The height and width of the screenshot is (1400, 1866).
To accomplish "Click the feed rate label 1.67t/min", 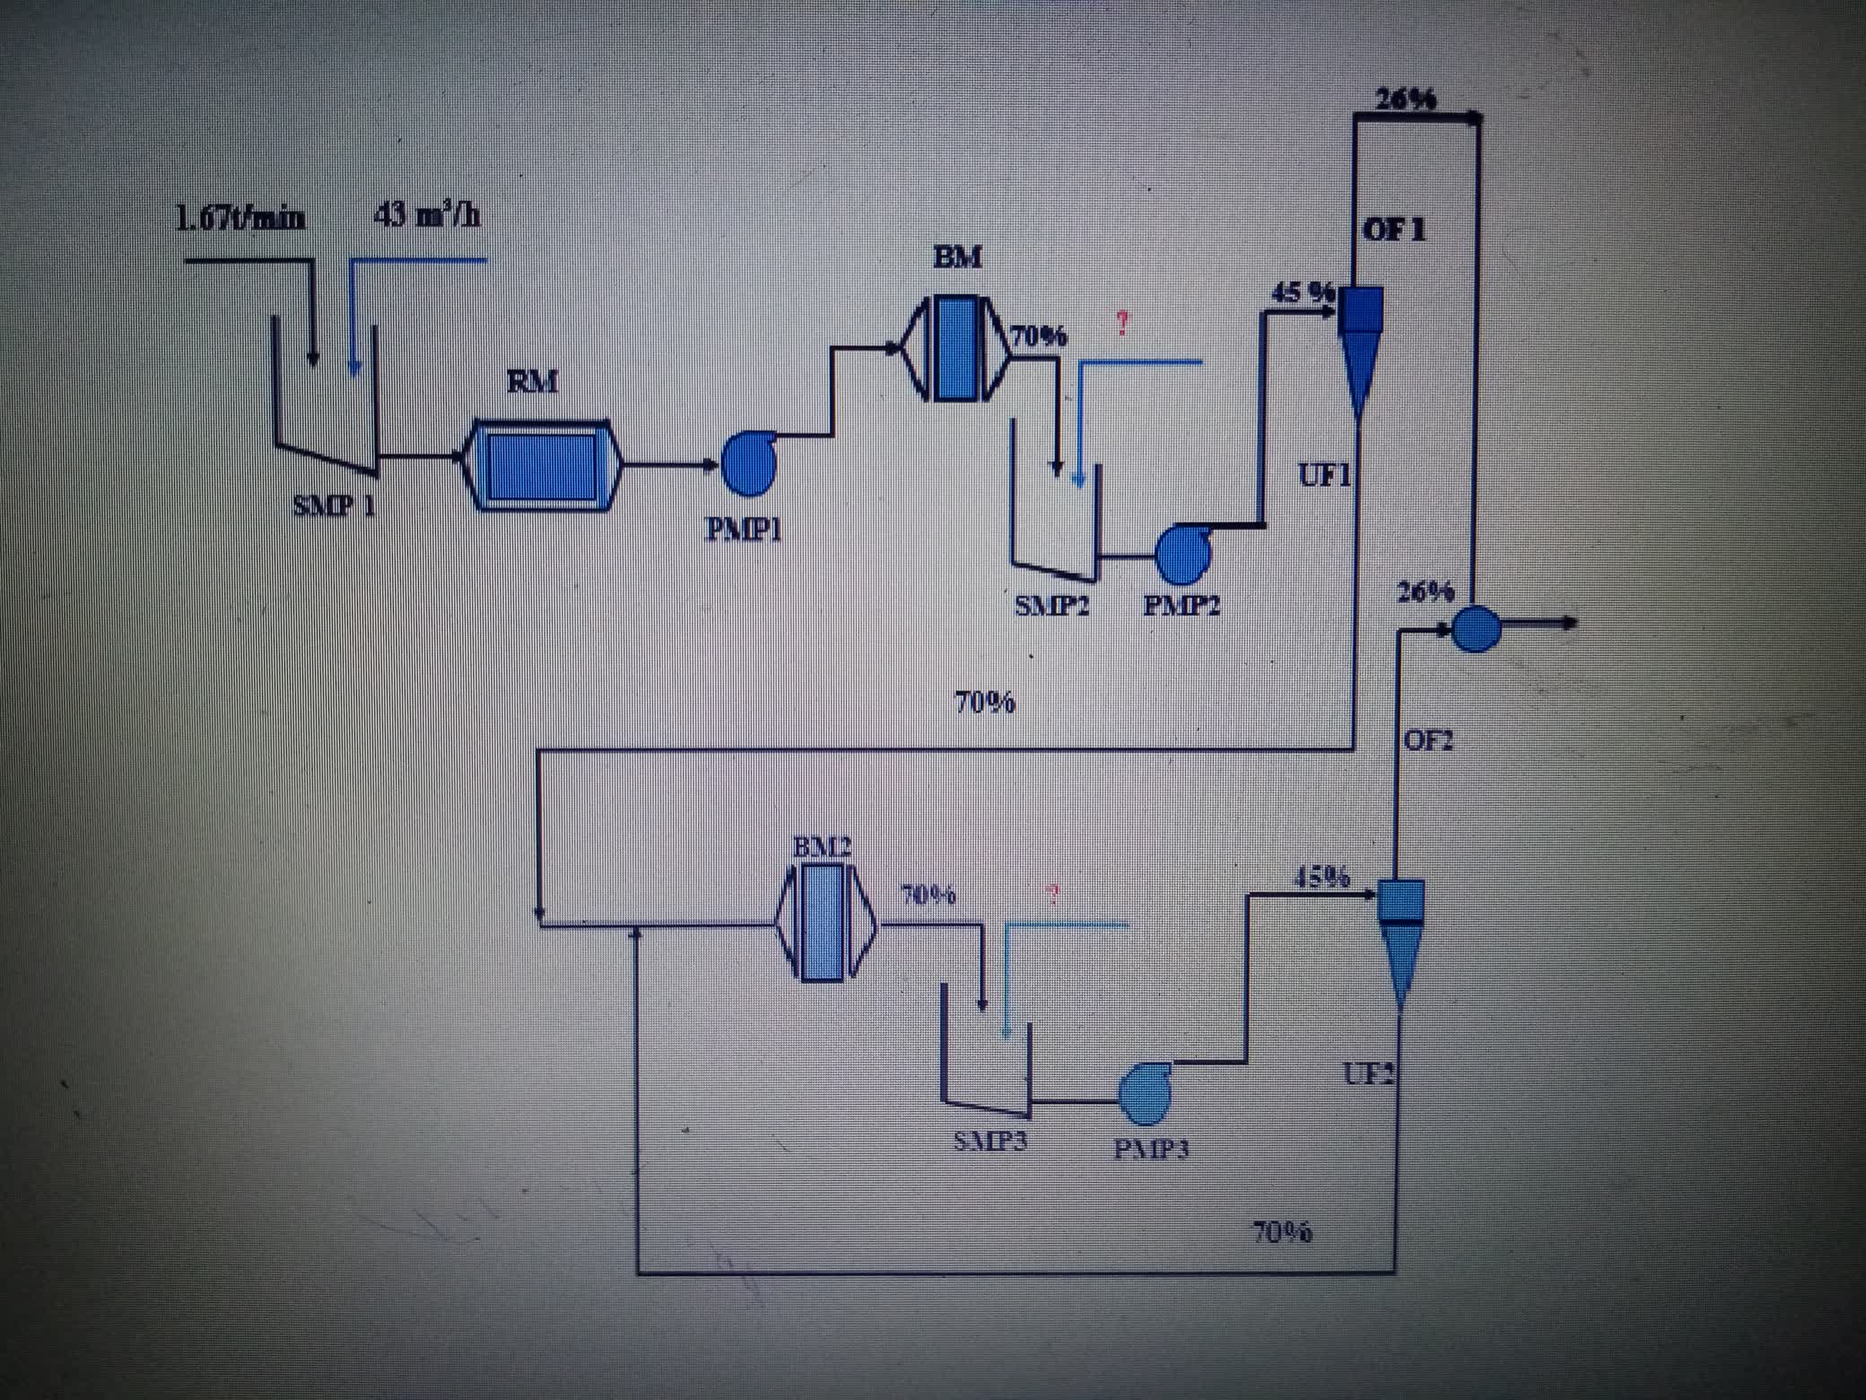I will [x=240, y=218].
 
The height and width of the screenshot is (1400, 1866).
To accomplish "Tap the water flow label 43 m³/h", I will [x=426, y=215].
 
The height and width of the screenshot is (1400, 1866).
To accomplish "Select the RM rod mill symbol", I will [x=542, y=464].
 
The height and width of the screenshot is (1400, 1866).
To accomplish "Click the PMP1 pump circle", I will [x=748, y=464].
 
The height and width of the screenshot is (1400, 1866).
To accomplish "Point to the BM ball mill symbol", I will [x=955, y=348].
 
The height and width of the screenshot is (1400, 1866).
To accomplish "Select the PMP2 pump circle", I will [x=1182, y=555].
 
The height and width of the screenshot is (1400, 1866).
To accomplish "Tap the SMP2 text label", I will [x=1051, y=606].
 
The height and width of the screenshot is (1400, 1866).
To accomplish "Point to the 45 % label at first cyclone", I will [x=1303, y=292].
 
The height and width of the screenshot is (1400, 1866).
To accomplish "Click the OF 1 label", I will [x=1393, y=231].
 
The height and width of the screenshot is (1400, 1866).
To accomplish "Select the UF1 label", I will [x=1324, y=476].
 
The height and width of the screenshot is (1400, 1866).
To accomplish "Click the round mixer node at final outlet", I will [x=1475, y=627].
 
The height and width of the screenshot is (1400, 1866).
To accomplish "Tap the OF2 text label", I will [x=1427, y=740].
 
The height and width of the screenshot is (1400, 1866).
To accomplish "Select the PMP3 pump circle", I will [x=1145, y=1093].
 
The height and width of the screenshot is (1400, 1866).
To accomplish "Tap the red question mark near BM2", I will [x=1053, y=893].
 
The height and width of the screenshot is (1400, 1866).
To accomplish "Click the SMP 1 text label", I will [x=334, y=506].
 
